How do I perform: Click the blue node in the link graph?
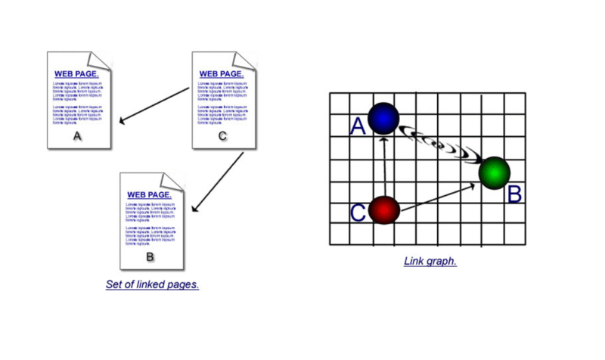point(383,117)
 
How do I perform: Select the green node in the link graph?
point(495,173)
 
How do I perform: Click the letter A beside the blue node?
point(358,126)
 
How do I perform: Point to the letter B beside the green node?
point(514,194)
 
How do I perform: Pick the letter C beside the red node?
point(358,213)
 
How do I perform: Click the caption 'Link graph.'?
point(430,261)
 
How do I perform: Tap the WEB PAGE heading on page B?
point(150,194)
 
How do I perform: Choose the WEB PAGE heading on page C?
point(222,74)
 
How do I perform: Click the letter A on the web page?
point(76,136)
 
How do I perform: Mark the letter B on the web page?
point(150,257)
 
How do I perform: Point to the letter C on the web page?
point(222,136)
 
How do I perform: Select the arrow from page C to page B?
point(218,182)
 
